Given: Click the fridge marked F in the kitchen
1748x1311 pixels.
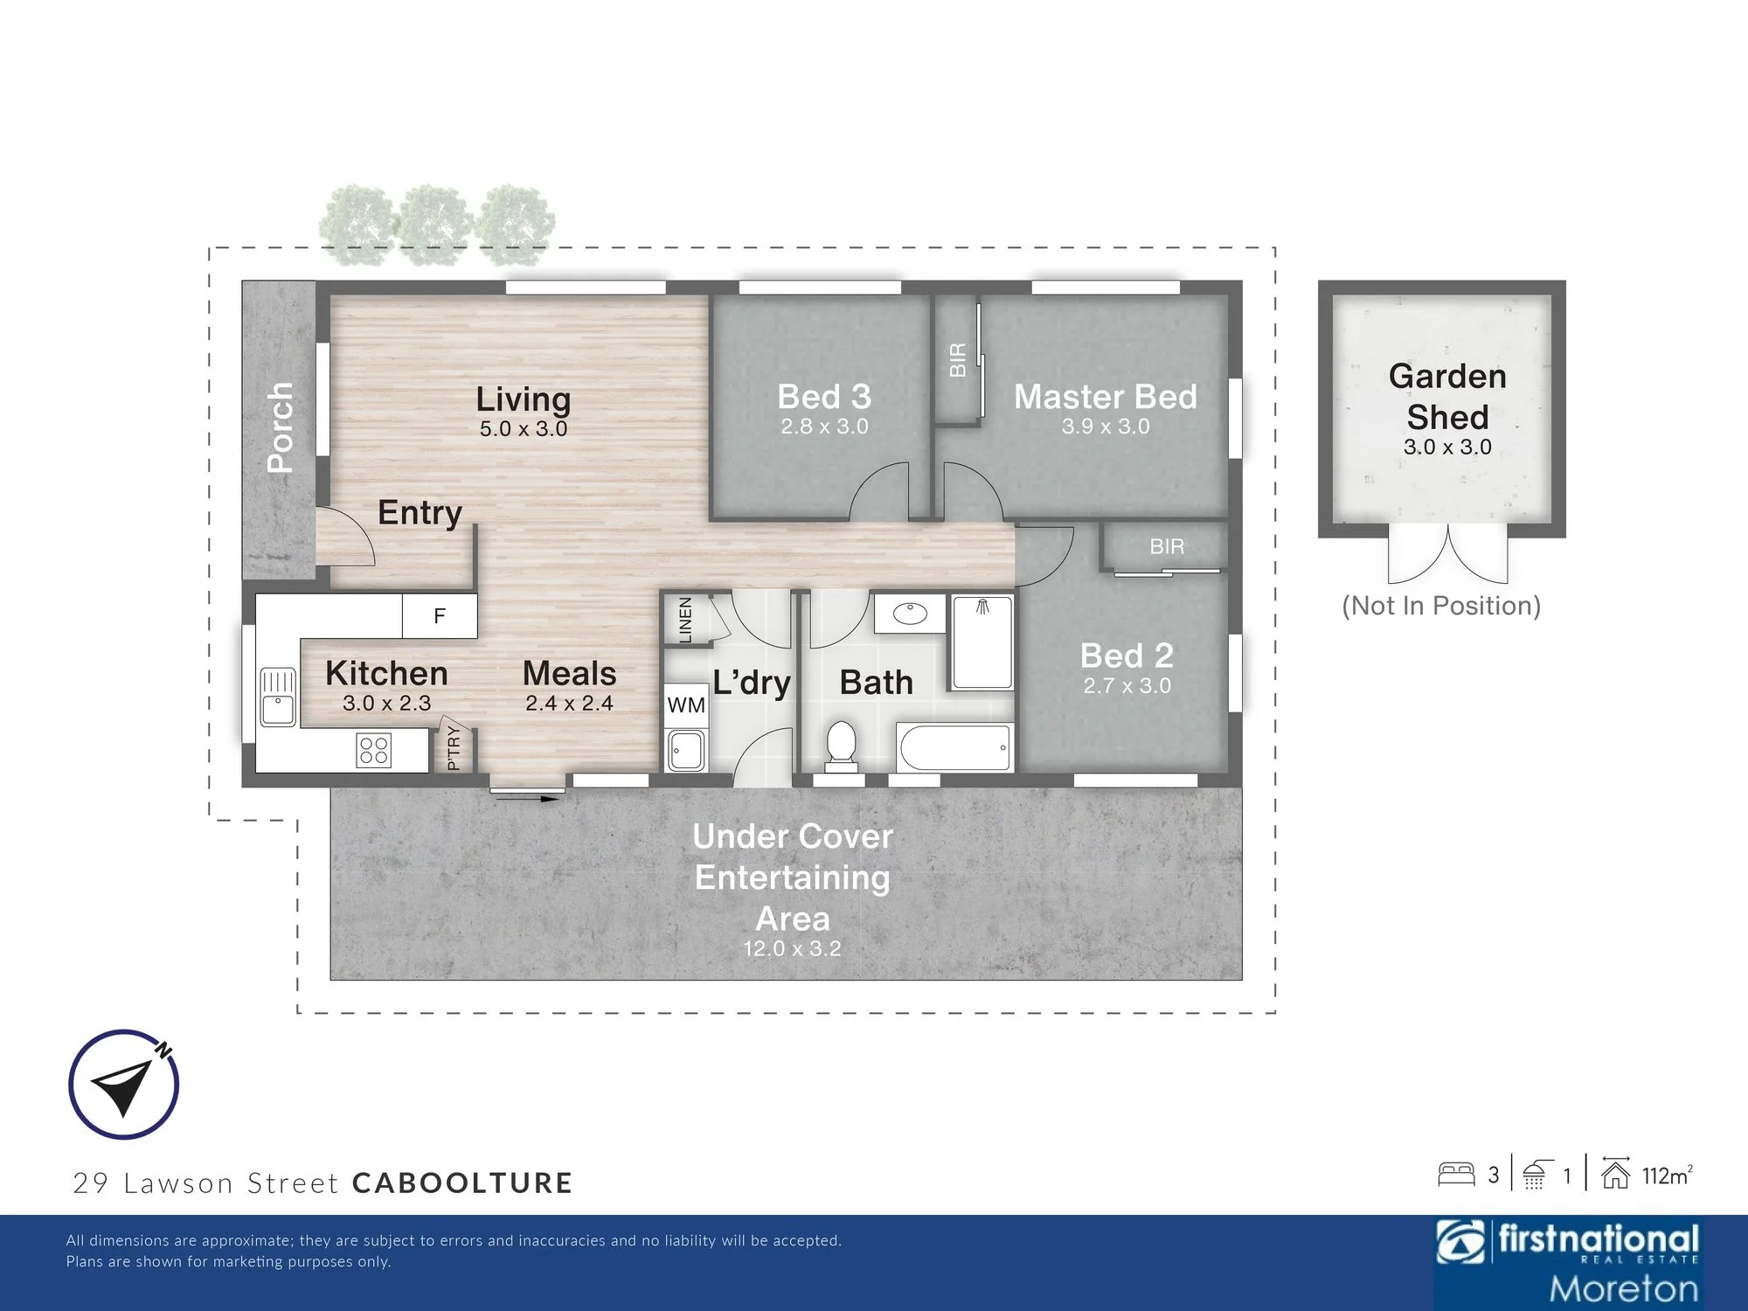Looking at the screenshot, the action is coord(440,616).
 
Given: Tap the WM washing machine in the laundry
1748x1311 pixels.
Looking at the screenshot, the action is coord(686,705).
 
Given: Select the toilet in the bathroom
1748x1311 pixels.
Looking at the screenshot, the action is coord(841,746).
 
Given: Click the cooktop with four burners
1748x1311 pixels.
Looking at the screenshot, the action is coord(374,750).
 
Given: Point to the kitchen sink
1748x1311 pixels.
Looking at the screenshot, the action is coord(278,697).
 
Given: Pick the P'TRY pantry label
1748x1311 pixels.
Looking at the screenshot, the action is coord(453,747).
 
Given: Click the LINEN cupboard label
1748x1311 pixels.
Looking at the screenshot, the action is coord(685,620).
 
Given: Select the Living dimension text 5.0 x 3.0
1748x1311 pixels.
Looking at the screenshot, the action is coord(524,429).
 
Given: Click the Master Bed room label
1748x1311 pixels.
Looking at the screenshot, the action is coord(1106,397).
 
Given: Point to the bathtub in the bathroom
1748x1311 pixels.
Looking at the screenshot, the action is coord(954,748).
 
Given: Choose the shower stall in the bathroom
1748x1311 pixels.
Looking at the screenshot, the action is coord(982,642).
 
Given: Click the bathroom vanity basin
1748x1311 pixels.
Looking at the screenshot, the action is coord(911,614).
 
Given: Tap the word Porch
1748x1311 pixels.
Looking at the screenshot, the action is coord(281,427).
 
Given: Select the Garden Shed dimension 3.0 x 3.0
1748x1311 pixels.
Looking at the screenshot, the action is coord(1447,447).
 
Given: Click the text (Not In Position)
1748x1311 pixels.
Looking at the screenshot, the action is coord(1441,606).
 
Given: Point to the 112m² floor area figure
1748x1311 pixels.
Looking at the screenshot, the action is coord(1668,1176).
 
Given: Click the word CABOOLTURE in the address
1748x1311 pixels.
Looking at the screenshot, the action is coord(462,1183).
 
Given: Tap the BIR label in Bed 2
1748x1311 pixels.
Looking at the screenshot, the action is coord(1167,547).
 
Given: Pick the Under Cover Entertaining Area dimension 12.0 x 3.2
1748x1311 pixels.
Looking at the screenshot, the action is coord(792,949).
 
